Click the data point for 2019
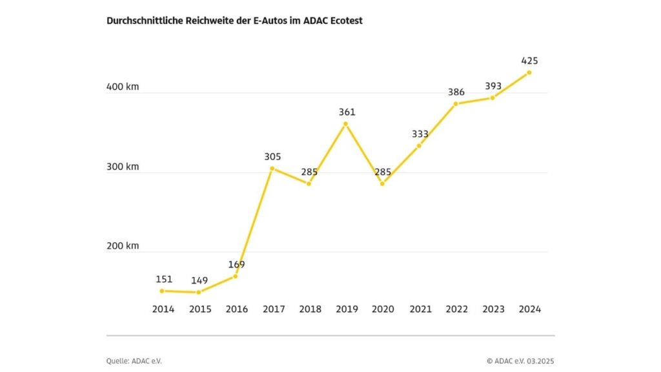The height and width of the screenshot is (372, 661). pyautogui.click(x=345, y=123)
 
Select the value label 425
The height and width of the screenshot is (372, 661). pyautogui.click(x=529, y=61)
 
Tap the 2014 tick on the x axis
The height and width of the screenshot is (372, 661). pyautogui.click(x=163, y=309)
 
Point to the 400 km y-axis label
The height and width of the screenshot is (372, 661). pyautogui.click(x=123, y=87)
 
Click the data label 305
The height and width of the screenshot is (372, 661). pyautogui.click(x=272, y=156)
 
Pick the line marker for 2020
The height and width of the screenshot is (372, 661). pyautogui.click(x=382, y=184)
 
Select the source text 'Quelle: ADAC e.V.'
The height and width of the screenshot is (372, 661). pyautogui.click(x=134, y=361)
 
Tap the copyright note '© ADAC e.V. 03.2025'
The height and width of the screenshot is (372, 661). pyautogui.click(x=520, y=361)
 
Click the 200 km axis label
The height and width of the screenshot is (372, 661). pyautogui.click(x=123, y=245)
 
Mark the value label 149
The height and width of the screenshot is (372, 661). pyautogui.click(x=199, y=280)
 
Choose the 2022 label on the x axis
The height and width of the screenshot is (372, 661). pyautogui.click(x=456, y=309)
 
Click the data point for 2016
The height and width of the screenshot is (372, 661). pyautogui.click(x=236, y=276)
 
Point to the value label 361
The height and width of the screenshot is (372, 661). pyautogui.click(x=347, y=112)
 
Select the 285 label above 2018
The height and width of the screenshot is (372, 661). pyautogui.click(x=309, y=172)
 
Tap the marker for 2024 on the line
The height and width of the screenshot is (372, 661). pyautogui.click(x=529, y=72)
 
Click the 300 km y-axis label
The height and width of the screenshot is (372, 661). pyautogui.click(x=123, y=166)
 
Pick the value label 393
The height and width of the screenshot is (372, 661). pyautogui.click(x=493, y=87)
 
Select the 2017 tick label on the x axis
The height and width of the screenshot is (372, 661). pyautogui.click(x=273, y=309)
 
